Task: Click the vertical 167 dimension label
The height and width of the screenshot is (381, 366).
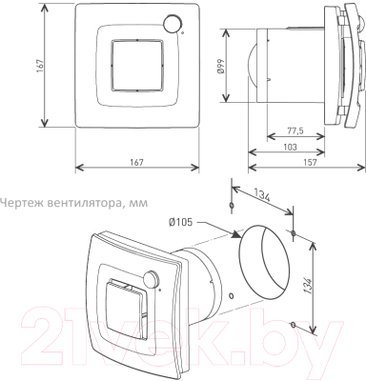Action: (40, 66)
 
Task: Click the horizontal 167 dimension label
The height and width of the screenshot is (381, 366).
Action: (136, 162)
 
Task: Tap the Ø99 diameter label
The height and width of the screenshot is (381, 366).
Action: (220, 67)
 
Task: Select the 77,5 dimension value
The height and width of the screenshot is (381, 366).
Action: (295, 130)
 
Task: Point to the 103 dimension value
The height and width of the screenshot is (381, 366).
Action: (290, 147)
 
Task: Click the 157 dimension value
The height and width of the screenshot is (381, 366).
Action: (310, 162)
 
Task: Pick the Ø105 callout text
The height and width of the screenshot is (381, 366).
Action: (181, 222)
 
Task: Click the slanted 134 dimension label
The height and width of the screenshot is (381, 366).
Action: (262, 193)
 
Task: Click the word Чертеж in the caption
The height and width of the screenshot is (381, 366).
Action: (22, 203)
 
